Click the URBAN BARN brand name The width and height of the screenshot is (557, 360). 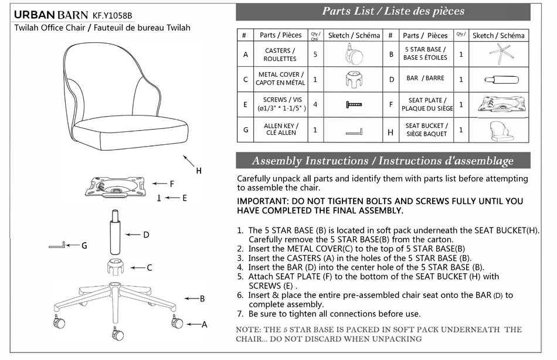point(51,15)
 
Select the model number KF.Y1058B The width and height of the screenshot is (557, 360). point(113,15)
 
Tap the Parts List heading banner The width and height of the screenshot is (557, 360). point(393,11)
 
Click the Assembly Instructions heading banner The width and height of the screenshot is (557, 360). point(382,161)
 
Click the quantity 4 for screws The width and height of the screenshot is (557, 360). point(315,104)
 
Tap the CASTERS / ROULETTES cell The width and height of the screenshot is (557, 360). point(280,55)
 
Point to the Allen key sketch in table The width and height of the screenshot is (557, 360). point(354,130)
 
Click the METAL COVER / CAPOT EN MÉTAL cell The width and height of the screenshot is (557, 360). point(280,79)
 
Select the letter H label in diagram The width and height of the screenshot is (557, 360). point(199,171)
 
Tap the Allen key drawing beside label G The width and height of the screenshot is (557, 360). point(56,244)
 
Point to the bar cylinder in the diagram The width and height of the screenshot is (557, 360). point(113,235)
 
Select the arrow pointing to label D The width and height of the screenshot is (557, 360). point(133,235)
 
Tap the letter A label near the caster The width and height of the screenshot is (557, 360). point(205,324)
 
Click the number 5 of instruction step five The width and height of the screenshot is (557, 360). point(240,276)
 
